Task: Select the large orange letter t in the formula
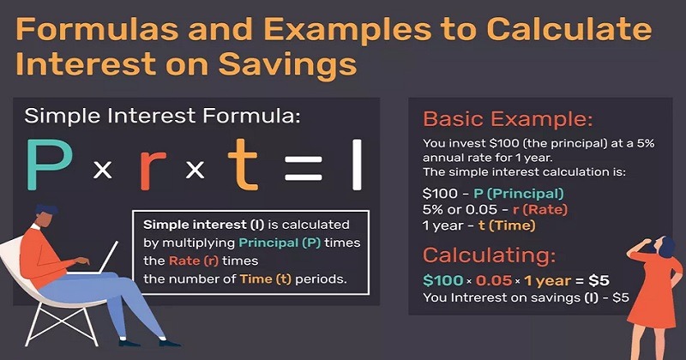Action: (243, 165)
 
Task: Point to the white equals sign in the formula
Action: (303, 170)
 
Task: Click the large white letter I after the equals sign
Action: (357, 165)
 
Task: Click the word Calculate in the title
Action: (569, 30)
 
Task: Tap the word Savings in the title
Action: (287, 65)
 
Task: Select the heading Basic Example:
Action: (508, 119)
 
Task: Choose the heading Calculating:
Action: (489, 255)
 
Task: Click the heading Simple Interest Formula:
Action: (162, 117)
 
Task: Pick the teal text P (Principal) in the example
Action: (519, 194)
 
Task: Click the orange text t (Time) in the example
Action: (507, 225)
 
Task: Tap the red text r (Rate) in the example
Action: (540, 210)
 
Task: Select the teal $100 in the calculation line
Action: (442, 280)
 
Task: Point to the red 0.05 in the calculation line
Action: (494, 280)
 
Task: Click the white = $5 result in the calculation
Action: (593, 280)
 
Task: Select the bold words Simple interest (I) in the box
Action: (203, 225)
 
